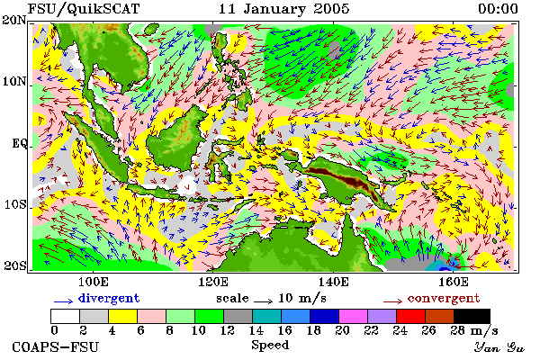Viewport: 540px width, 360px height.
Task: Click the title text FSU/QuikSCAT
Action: [84, 9]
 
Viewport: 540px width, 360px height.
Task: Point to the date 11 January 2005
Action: [284, 9]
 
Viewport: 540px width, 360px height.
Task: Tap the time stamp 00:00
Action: [498, 9]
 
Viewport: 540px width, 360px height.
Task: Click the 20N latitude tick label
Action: [14, 20]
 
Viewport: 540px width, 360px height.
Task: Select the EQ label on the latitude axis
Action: [20, 143]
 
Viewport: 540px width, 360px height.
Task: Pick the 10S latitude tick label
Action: [15, 204]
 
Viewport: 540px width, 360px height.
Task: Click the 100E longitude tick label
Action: [94, 282]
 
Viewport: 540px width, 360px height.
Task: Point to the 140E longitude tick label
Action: [333, 282]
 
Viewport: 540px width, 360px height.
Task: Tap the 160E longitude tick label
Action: [454, 282]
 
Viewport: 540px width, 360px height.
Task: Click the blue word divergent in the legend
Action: [109, 298]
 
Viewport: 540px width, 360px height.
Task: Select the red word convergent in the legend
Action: [444, 298]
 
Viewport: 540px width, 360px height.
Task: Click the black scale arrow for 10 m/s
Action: [263, 301]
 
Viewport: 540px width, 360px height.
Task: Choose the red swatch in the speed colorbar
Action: [410, 316]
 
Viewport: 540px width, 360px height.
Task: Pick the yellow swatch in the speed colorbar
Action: [123, 316]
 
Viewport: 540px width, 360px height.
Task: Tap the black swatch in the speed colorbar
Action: [472, 316]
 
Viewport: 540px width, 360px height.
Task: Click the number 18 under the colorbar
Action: [314, 330]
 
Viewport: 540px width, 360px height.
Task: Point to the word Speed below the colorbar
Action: [270, 345]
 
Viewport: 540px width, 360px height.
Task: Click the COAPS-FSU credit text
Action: [56, 346]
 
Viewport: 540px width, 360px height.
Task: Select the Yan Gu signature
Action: [499, 347]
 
